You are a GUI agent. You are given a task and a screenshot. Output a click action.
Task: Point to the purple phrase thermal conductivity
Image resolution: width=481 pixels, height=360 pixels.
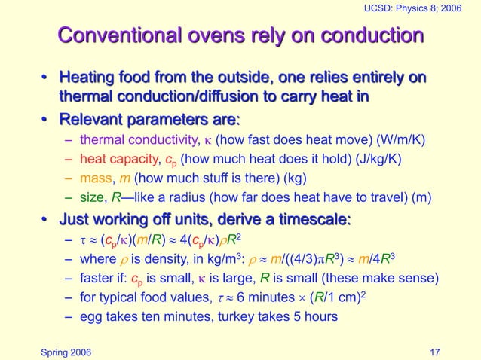[137, 139]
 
